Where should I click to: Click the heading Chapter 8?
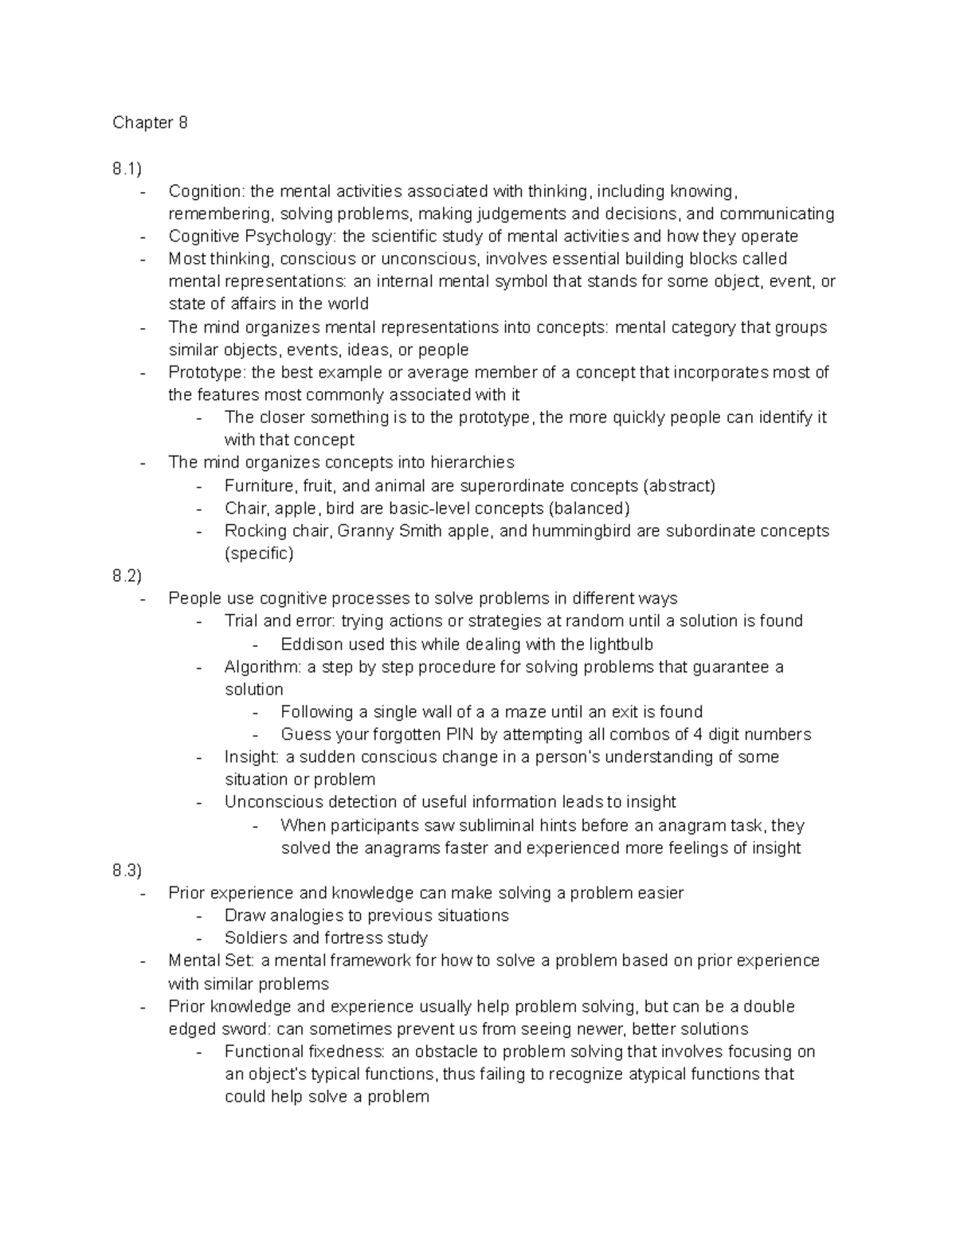[x=150, y=123]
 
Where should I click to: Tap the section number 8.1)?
[x=127, y=169]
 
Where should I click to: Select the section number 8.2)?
[x=127, y=576]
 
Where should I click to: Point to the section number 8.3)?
[x=127, y=871]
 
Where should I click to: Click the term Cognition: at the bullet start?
[x=206, y=191]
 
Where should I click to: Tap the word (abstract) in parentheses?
[x=679, y=486]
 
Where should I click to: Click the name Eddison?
[x=313, y=644]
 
